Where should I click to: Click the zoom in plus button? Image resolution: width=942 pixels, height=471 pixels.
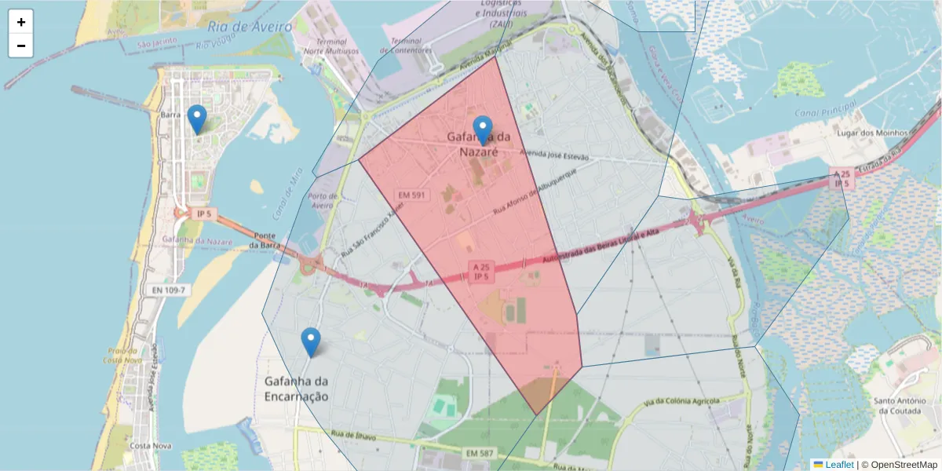(21, 22)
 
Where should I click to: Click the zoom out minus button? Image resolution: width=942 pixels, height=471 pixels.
(21, 46)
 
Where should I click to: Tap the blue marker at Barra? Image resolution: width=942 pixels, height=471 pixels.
(196, 120)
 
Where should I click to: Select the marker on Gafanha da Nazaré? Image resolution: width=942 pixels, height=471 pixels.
(483, 131)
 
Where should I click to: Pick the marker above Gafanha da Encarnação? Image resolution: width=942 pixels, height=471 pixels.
(311, 343)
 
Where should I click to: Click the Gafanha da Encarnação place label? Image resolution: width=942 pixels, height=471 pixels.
(296, 389)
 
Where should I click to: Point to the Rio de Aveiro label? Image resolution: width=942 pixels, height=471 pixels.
(250, 27)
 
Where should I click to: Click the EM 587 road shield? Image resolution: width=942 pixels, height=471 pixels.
(480, 453)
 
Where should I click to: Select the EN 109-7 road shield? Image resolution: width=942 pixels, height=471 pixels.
(168, 290)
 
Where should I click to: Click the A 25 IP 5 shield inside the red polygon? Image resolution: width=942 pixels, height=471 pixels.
(481, 272)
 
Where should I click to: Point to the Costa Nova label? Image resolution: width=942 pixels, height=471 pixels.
(151, 446)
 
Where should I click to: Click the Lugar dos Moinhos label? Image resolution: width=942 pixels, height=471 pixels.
(872, 133)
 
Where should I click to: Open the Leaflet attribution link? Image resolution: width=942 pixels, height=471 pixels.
(838, 465)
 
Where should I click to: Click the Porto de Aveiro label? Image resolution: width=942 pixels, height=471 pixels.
(323, 200)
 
